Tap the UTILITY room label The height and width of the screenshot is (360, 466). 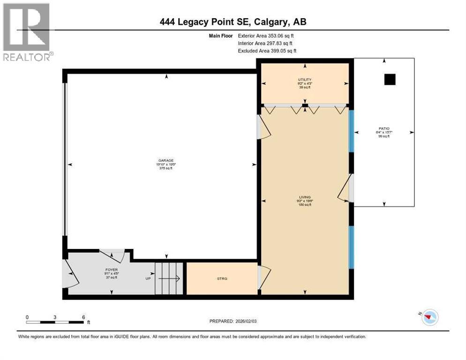305,80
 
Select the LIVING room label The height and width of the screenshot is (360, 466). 305,197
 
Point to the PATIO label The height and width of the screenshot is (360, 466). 384,128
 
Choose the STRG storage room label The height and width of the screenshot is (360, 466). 222,278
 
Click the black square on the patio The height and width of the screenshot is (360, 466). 390,80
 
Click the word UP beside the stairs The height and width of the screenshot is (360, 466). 147,278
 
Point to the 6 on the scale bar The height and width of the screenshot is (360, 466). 83,317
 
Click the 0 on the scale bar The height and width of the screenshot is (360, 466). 27,317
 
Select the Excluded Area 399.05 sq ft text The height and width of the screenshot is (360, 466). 267,51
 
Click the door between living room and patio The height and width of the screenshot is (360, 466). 346,188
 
